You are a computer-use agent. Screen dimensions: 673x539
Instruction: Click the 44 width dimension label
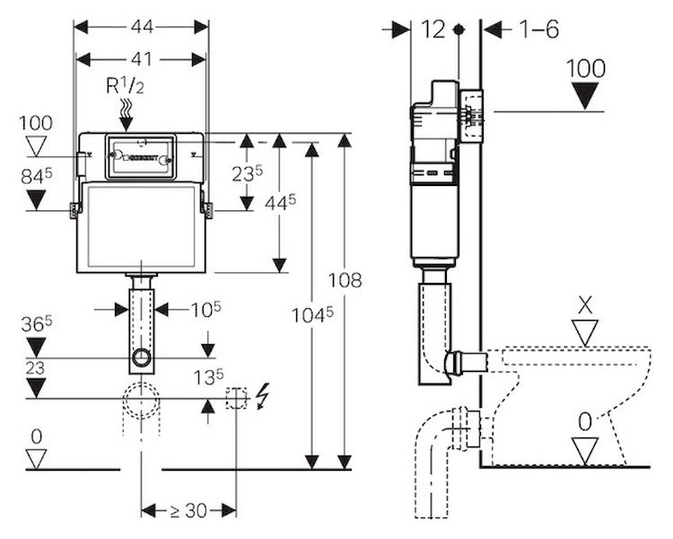coord(142,27)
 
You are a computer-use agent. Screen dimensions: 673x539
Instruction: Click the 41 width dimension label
coord(141,59)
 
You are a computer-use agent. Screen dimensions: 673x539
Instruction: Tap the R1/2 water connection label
coord(125,86)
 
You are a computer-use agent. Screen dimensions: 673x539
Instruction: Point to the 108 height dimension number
coord(345,280)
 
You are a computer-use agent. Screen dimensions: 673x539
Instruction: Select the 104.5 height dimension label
coord(312,315)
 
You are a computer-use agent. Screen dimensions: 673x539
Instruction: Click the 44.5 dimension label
coord(280,202)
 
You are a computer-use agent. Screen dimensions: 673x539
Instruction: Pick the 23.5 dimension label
coord(248,173)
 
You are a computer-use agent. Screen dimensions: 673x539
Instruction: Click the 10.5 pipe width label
coord(206,309)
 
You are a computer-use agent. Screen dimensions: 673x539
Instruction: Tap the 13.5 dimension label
coord(208,377)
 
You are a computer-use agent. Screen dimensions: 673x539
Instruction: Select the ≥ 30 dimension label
coord(188,510)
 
